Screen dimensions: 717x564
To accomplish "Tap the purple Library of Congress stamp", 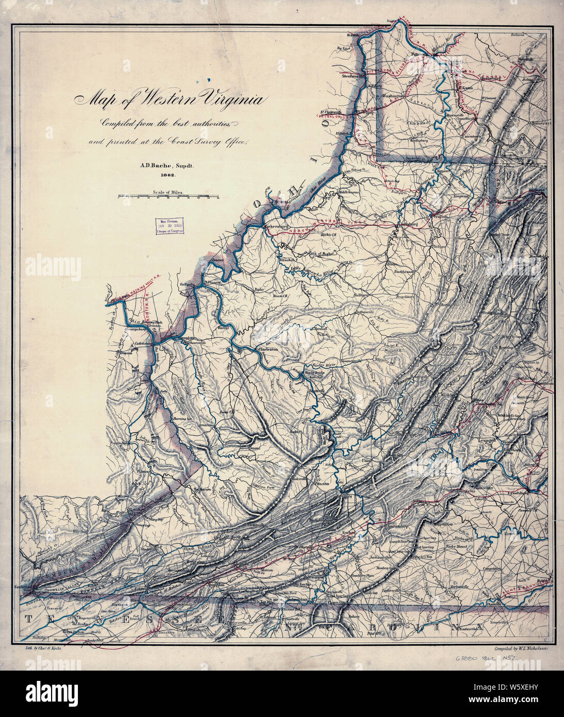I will click(x=170, y=225).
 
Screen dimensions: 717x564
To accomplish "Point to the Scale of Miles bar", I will click(x=168, y=198).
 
